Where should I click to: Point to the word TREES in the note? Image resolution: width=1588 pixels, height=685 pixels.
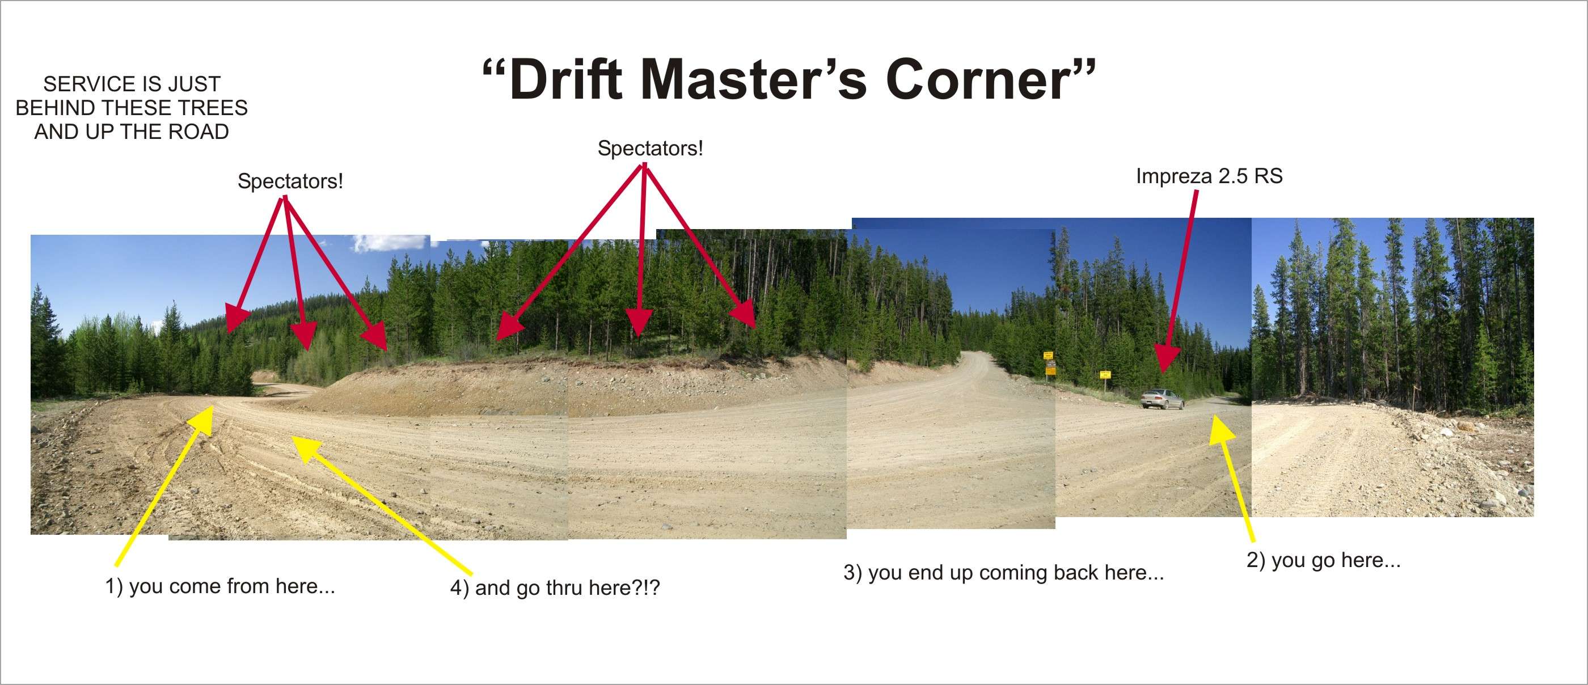tap(214, 108)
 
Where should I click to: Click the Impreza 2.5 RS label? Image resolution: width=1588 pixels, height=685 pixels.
tap(1209, 176)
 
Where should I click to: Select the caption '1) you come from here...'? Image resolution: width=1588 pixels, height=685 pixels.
tap(220, 586)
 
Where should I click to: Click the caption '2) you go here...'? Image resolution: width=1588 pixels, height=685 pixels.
tap(1324, 560)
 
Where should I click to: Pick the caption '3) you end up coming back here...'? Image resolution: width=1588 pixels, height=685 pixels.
tap(1004, 573)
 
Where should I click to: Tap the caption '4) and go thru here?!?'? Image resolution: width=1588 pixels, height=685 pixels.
tap(555, 587)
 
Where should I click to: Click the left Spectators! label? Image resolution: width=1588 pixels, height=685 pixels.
tap(290, 181)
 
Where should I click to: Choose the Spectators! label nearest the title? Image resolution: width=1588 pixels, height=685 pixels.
tap(651, 149)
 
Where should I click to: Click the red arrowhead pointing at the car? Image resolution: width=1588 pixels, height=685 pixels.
tap(1165, 360)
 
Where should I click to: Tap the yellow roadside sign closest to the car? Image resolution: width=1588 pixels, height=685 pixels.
tap(1105, 374)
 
